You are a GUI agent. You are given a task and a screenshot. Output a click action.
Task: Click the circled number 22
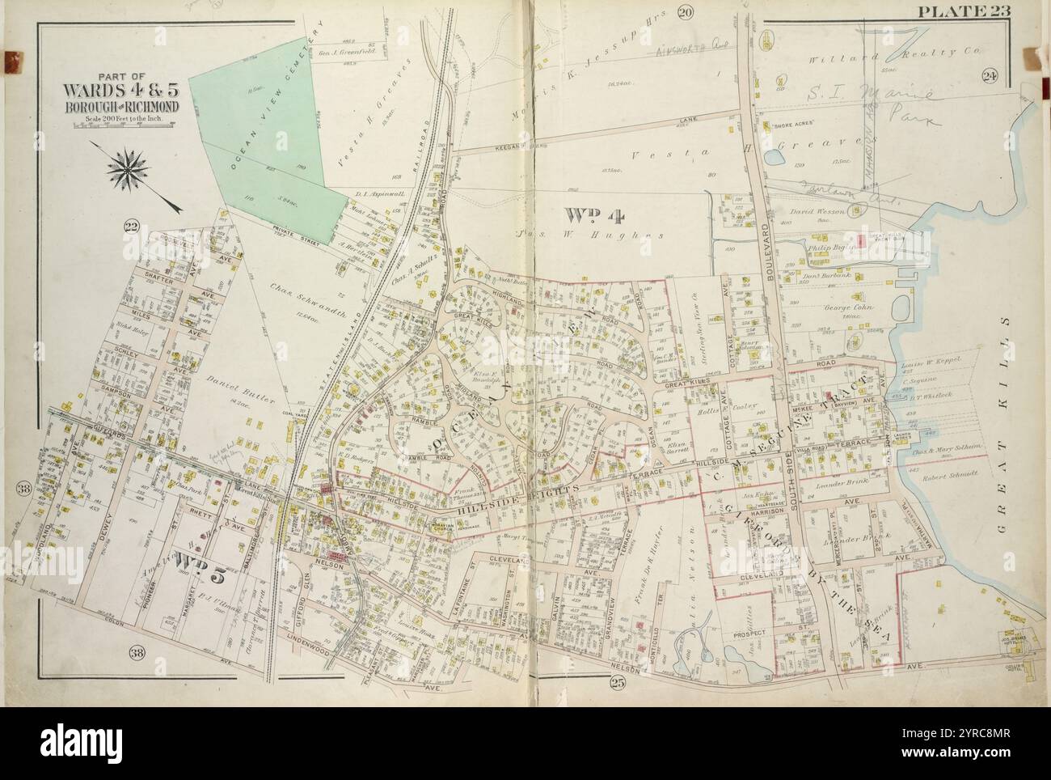132,226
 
